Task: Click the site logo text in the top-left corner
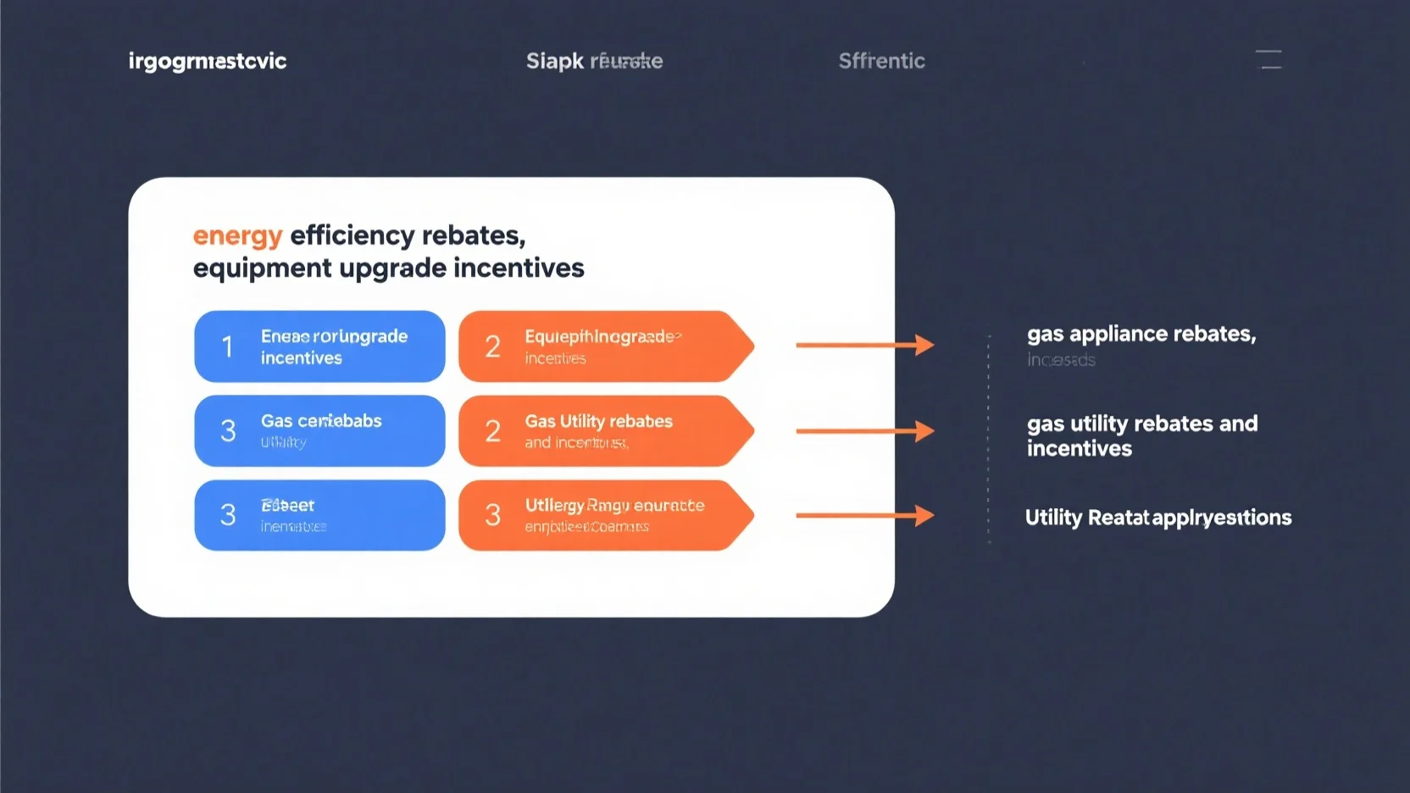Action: tap(208, 61)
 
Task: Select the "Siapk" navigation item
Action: tap(554, 61)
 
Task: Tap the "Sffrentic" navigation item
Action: tap(881, 61)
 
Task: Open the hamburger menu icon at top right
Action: tap(1268, 59)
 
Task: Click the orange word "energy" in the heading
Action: tap(237, 236)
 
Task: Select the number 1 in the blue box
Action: tap(227, 347)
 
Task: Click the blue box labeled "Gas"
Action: tap(319, 430)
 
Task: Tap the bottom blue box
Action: tap(319, 515)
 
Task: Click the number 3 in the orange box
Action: tap(492, 515)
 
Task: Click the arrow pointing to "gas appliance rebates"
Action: tap(864, 345)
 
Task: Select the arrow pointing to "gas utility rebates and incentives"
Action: tap(864, 431)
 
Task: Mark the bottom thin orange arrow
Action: tap(864, 515)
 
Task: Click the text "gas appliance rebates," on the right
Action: tap(1141, 334)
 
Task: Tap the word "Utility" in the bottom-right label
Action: tap(1053, 518)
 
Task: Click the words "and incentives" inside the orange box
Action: tap(576, 443)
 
